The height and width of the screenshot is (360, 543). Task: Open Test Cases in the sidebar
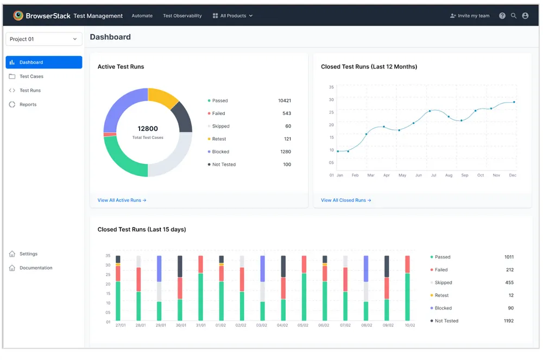click(x=31, y=77)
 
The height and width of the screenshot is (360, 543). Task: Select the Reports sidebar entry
click(x=28, y=105)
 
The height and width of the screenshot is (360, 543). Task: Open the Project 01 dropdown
click(x=43, y=39)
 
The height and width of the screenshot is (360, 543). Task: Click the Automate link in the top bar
click(x=142, y=16)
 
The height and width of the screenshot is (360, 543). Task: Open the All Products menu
click(x=233, y=16)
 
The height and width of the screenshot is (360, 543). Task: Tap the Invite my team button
click(x=470, y=16)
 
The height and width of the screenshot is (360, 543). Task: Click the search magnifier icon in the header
click(x=514, y=16)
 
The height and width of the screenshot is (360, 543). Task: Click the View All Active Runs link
click(x=122, y=200)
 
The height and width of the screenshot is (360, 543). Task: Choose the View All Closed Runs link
click(x=346, y=200)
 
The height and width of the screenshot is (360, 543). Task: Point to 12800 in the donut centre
click(x=148, y=129)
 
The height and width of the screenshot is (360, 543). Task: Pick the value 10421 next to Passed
click(x=284, y=101)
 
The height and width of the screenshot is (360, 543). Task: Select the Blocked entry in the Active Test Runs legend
click(x=220, y=152)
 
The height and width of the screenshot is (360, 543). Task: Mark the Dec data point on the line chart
click(x=514, y=102)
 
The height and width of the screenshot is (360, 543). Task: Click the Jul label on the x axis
click(x=433, y=175)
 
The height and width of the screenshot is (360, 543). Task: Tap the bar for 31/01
click(x=201, y=288)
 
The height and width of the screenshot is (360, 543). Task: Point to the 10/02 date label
click(x=409, y=326)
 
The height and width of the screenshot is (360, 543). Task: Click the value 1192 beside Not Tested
click(x=508, y=321)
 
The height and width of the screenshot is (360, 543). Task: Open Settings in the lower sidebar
click(x=28, y=254)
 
